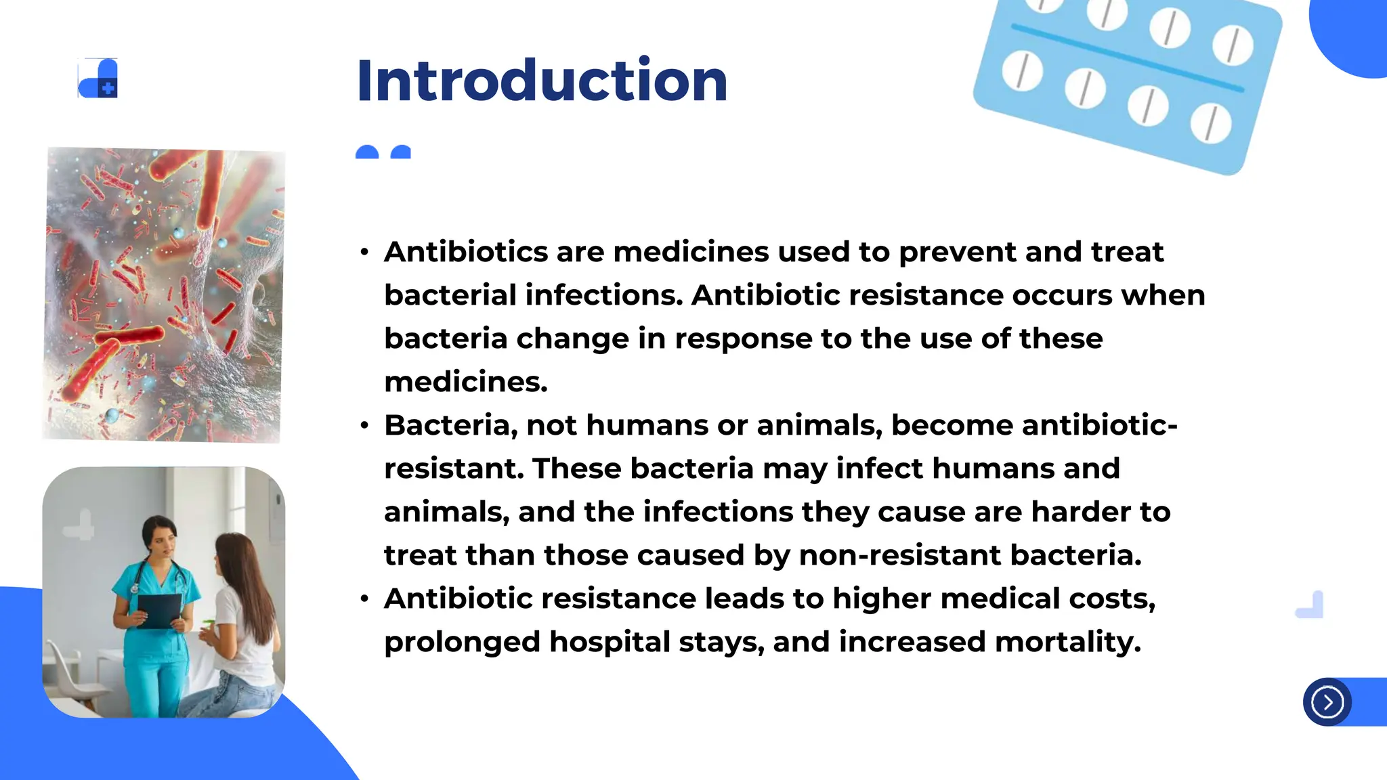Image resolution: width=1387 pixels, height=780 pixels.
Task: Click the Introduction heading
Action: [x=542, y=81]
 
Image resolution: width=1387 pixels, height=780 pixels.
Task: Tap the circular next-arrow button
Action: [x=1327, y=702]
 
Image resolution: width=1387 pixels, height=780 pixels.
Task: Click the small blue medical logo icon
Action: [x=99, y=79]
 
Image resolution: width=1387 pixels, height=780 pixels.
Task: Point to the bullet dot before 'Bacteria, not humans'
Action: [x=365, y=426]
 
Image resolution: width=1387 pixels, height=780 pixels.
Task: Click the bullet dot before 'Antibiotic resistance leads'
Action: [x=365, y=599]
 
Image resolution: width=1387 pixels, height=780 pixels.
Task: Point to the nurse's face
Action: [x=159, y=539]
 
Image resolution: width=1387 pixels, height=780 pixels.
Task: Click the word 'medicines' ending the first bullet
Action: [x=465, y=383]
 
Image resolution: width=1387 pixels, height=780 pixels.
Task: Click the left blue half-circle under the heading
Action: [x=367, y=152]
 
